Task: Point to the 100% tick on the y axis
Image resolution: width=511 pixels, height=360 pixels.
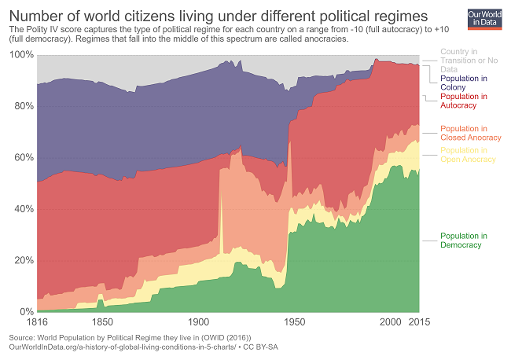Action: point(22,54)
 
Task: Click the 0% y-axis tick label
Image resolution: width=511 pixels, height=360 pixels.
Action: point(26,312)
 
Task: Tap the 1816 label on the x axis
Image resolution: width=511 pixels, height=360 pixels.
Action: point(37,323)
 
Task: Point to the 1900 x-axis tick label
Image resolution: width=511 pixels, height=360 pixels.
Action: point(199,323)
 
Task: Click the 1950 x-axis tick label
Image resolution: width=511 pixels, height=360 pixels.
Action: point(295,323)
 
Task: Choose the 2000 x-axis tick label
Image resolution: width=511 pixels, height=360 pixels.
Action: point(391,323)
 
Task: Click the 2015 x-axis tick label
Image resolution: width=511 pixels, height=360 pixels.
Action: point(418,323)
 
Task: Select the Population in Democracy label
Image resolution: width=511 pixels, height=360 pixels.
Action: point(463,241)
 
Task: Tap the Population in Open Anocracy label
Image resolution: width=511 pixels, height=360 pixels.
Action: point(468,155)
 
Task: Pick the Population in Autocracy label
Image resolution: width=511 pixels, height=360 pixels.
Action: point(463,101)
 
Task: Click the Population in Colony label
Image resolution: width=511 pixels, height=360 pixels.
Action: point(463,83)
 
